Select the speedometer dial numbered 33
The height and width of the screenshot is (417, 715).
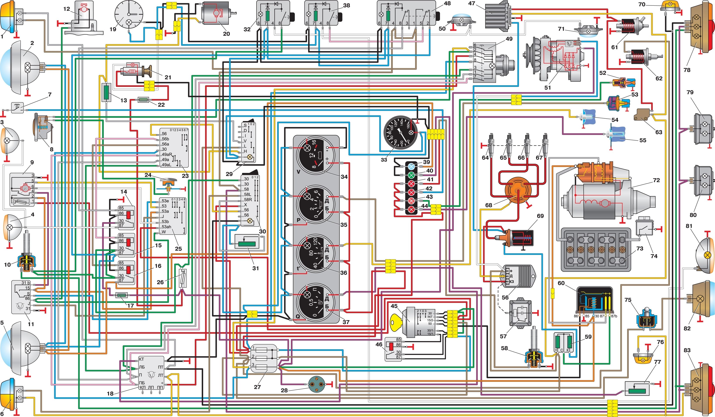(401, 133)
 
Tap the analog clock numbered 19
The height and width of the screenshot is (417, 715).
(129, 14)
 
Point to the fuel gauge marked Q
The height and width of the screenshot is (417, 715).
(316, 302)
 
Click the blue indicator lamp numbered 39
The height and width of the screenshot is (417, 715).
(411, 166)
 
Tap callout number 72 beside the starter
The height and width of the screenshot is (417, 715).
(656, 180)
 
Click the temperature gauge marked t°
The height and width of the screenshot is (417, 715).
(316, 253)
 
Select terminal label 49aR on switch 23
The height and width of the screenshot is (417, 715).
(167, 154)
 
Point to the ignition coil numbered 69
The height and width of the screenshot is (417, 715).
(514, 237)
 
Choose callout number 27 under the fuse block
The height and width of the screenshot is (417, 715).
(257, 387)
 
